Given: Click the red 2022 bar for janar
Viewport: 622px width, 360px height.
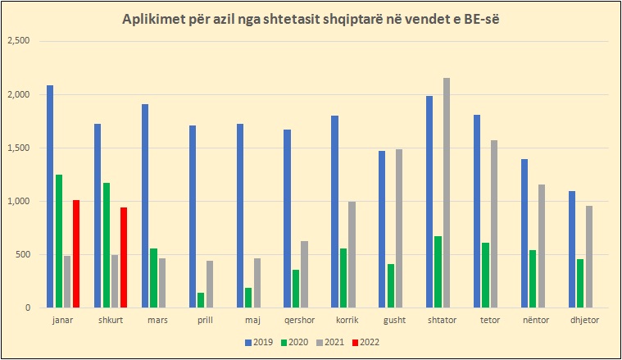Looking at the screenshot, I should [75, 253].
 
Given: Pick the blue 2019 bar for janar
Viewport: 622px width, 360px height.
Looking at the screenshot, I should [50, 197].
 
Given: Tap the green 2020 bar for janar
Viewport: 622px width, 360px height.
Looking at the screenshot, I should [59, 241].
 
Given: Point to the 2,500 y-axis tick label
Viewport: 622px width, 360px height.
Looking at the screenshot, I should [17, 41].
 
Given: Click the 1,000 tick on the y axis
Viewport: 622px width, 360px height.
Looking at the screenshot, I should [17, 201].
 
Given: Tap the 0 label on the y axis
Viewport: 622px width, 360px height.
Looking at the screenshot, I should [26, 308].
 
